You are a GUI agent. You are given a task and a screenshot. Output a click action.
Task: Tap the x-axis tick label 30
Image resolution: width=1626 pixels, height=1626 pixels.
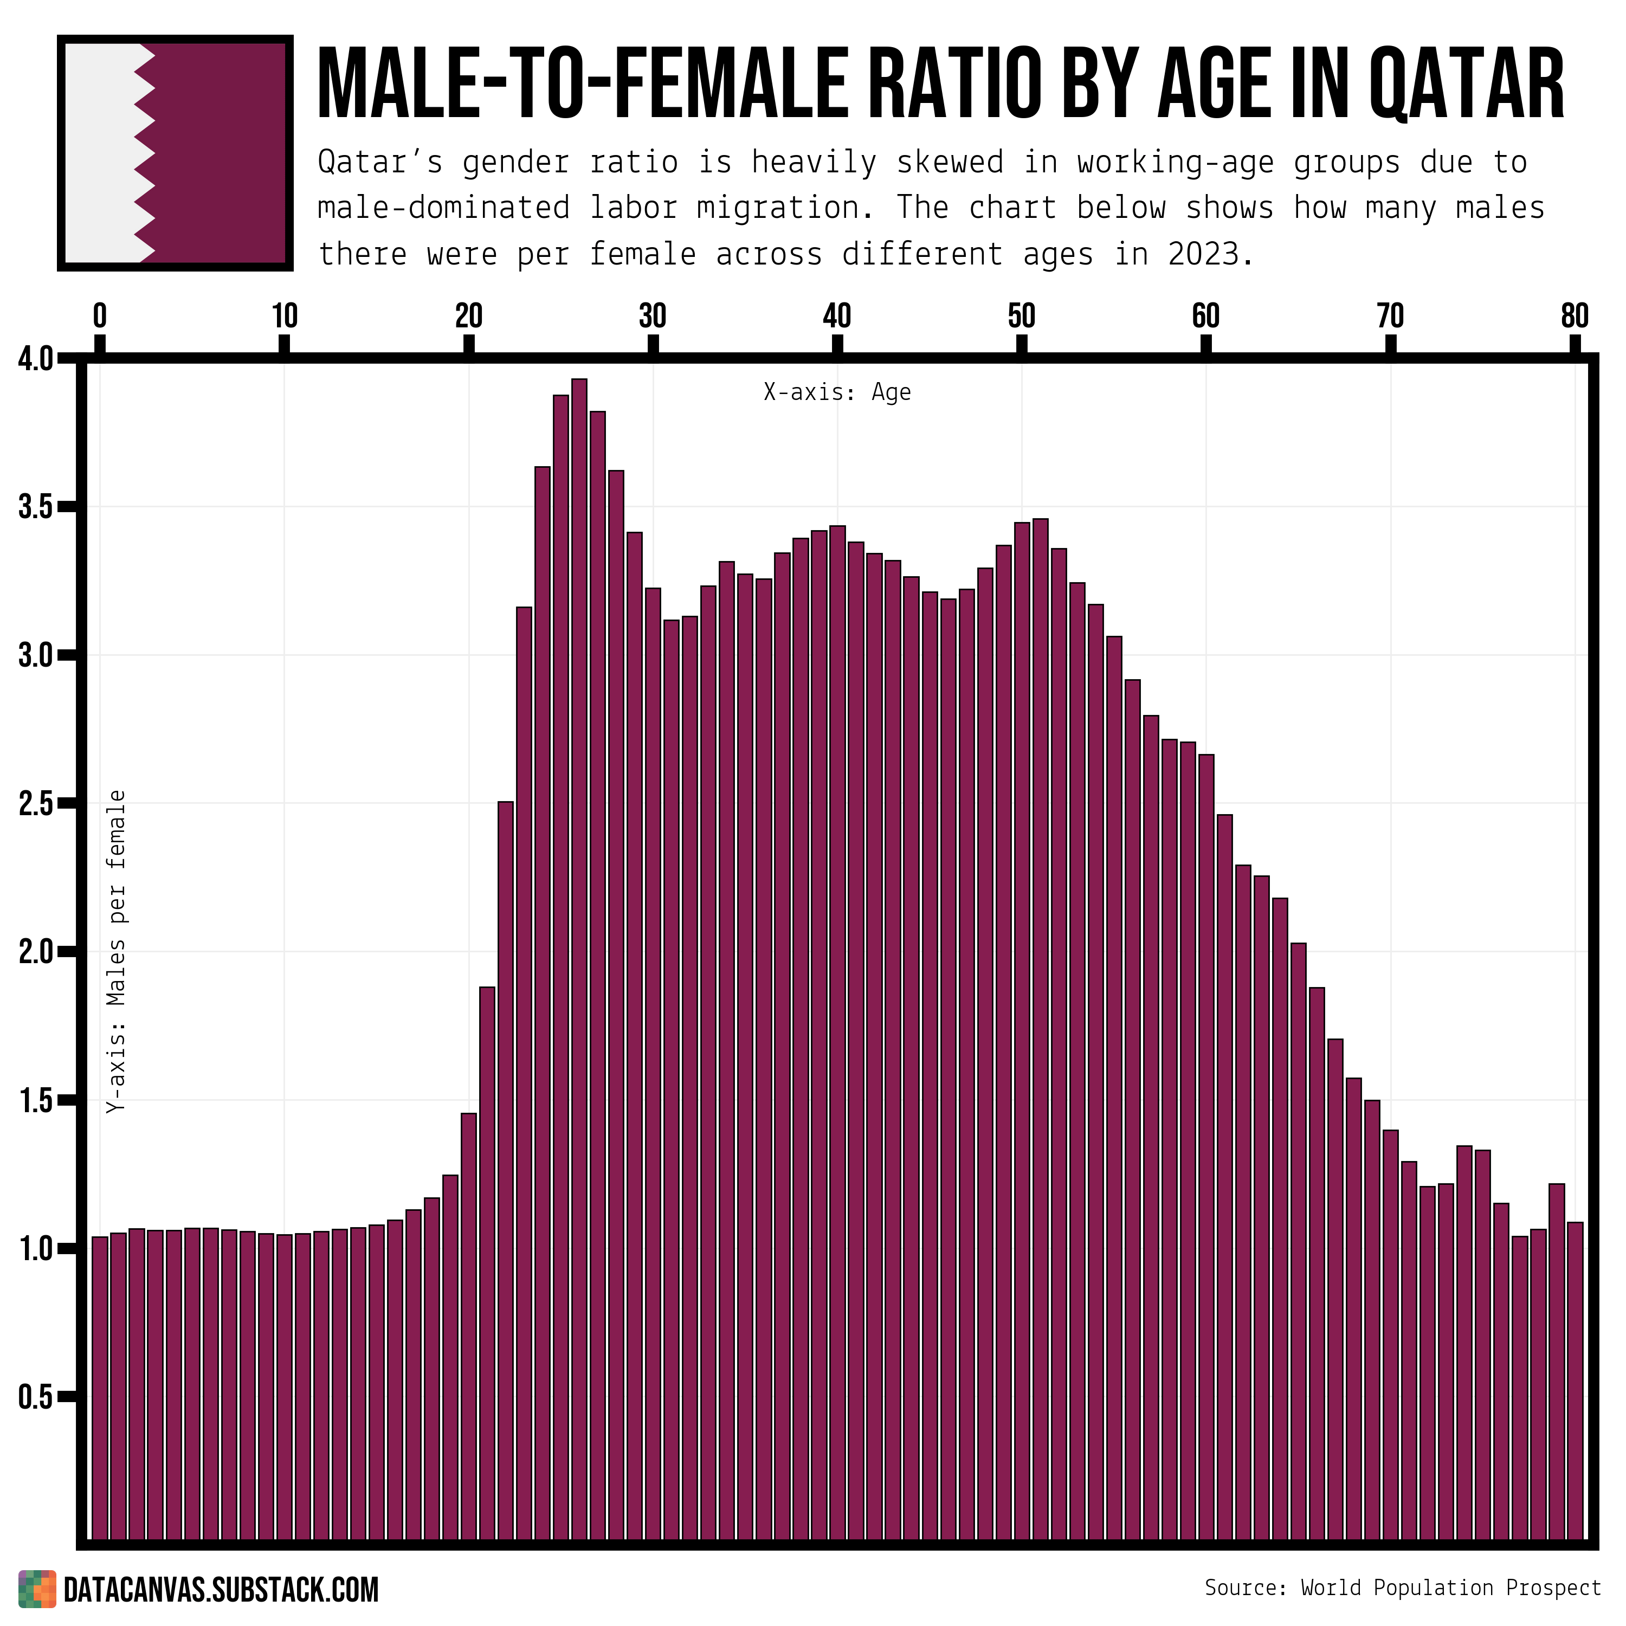point(652,317)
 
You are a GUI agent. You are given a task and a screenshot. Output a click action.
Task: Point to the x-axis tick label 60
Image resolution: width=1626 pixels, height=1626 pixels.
point(1205,317)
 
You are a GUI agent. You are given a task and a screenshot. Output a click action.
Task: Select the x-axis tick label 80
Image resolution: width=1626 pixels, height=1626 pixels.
point(1574,317)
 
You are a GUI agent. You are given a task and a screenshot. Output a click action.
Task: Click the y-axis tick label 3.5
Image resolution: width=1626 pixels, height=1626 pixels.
point(35,508)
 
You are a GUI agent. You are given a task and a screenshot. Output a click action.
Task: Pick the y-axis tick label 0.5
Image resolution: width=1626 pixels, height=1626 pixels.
point(35,1397)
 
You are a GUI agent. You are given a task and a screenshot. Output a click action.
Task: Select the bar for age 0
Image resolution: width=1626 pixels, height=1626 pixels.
point(100,1389)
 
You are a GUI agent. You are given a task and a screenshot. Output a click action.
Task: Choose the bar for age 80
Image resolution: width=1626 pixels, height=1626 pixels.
point(1575,1380)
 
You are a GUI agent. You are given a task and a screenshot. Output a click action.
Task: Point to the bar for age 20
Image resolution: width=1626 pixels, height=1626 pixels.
point(469,1330)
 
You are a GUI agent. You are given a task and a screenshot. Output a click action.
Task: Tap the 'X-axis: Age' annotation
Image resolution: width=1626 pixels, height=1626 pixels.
point(837,393)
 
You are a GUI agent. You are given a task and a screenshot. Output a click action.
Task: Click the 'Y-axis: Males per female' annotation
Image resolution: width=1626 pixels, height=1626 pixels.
point(117,952)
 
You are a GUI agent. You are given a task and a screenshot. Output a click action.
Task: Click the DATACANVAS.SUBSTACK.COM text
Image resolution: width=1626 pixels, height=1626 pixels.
point(221,1590)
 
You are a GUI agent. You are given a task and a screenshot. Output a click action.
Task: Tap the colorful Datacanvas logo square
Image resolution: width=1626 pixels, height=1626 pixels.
point(37,1589)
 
